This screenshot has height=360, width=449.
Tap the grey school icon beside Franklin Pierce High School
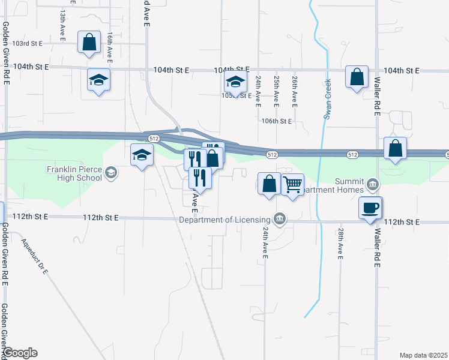coord(111,173)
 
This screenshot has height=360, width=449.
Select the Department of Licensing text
coord(226,220)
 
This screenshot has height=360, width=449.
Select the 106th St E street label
coord(276,121)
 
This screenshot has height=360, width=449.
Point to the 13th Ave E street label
coord(62,24)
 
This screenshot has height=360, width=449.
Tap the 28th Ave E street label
coord(340,242)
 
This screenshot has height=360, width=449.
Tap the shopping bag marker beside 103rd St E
coord(89,43)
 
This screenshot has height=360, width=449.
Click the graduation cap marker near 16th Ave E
coord(99,80)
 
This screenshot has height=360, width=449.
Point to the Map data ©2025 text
coord(423,355)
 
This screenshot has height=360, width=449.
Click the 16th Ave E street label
coord(110,46)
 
